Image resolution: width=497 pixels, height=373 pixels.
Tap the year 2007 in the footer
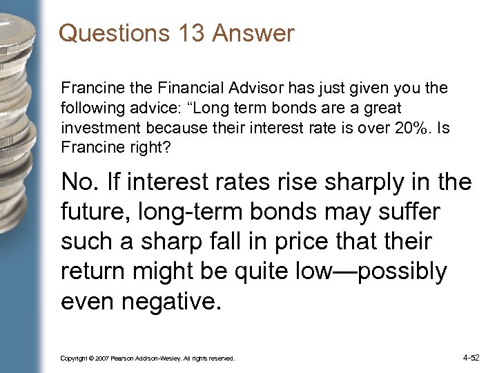(102, 358)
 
